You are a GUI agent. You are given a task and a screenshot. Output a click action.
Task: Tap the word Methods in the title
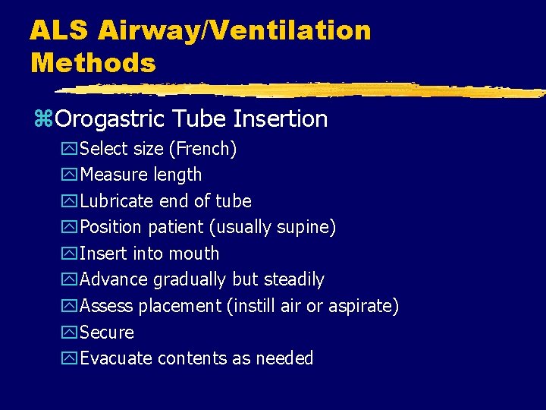point(93,62)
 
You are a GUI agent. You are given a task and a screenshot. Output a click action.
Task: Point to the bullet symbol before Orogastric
point(42,119)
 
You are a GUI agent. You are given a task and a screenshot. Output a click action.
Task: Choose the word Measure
point(114,175)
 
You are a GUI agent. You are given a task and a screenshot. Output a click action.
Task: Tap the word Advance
point(115,279)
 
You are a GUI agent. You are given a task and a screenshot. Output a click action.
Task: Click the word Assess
point(106,306)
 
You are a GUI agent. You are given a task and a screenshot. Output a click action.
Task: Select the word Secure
point(107,333)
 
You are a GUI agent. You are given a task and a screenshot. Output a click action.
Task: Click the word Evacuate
point(116,358)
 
